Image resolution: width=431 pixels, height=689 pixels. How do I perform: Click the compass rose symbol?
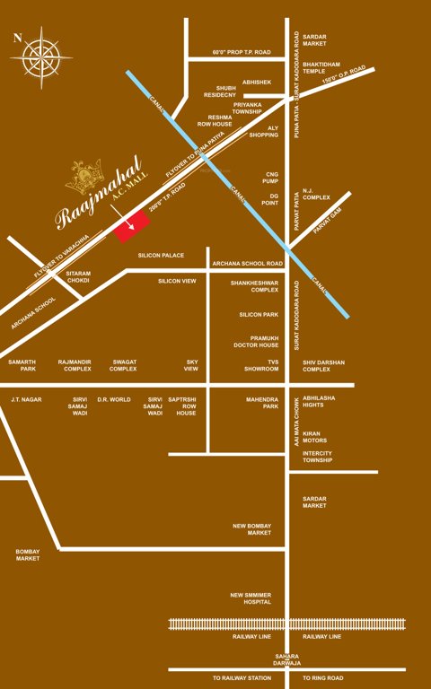(x=41, y=57)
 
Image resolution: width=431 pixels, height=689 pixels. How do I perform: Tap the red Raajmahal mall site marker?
(x=131, y=228)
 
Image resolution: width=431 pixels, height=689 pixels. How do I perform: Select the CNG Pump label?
(x=273, y=178)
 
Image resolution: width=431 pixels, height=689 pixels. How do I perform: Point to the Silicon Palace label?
(x=161, y=256)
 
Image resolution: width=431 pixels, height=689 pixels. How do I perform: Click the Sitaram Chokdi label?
(x=79, y=276)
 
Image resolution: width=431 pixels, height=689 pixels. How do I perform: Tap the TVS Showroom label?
(x=261, y=364)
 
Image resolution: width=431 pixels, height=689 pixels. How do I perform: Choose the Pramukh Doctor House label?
(x=256, y=341)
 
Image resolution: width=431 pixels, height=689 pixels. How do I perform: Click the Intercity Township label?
(x=318, y=457)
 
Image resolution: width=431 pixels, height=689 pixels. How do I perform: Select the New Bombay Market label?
(x=252, y=529)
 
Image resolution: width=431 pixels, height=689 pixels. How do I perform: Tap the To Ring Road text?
(x=323, y=678)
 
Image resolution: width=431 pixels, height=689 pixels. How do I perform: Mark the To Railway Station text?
(x=242, y=678)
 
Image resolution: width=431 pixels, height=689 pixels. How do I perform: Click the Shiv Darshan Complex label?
(x=323, y=365)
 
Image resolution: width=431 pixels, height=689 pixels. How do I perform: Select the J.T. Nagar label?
(x=26, y=399)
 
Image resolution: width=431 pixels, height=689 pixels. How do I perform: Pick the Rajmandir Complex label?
(x=75, y=365)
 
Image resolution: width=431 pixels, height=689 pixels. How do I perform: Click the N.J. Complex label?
(x=316, y=195)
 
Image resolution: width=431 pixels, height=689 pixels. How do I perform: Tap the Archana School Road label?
(x=247, y=264)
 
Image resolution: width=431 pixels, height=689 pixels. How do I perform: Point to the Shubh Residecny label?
(x=220, y=91)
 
